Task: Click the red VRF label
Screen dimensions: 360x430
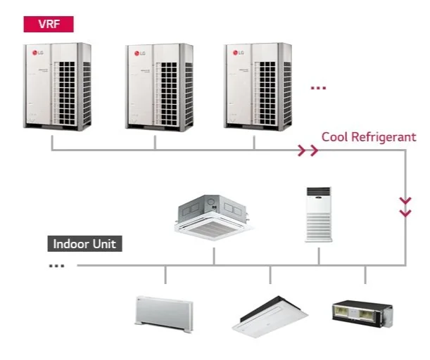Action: [49, 24]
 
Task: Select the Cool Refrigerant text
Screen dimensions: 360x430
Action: [369, 136]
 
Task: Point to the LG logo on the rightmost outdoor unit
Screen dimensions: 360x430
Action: [238, 52]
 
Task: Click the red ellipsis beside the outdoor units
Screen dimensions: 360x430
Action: [319, 89]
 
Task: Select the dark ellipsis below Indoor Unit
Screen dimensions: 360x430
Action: [57, 266]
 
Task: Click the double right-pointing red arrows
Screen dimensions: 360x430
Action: [308, 150]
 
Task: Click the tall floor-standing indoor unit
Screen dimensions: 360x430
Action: [318, 214]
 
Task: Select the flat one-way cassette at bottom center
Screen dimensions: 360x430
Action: [266, 316]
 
